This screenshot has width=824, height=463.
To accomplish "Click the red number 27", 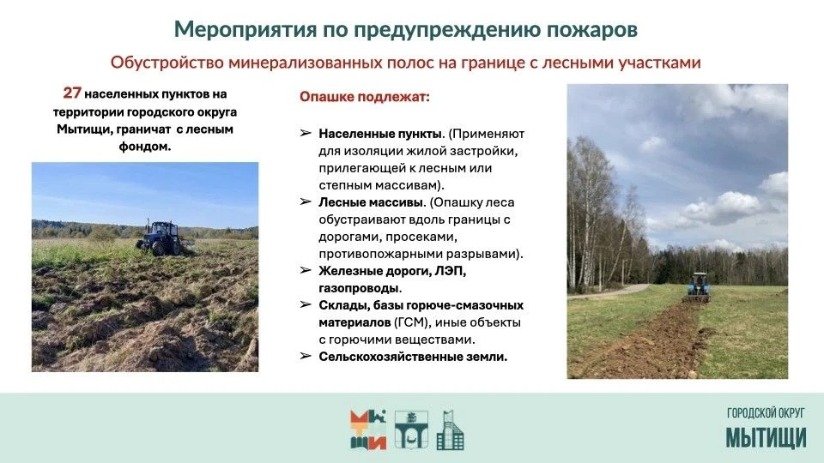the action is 72,93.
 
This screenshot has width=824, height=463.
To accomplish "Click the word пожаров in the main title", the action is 592,29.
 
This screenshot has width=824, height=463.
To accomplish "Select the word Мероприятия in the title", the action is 245,30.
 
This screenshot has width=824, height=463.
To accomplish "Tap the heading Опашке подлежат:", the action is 365,97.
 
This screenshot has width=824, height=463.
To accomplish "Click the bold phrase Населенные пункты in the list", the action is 381,134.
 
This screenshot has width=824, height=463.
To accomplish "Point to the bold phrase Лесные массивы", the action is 372,202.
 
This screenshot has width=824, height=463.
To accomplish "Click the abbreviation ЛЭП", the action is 451,271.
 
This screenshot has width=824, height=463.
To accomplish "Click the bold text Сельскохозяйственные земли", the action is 413,357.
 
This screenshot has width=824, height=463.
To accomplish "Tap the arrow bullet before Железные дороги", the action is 306,270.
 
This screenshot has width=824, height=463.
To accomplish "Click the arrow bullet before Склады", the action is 306,304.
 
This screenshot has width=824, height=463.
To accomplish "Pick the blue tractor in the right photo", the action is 698,287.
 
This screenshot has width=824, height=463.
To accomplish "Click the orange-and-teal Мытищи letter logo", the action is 368,430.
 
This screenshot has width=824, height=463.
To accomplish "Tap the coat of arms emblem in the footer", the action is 411,430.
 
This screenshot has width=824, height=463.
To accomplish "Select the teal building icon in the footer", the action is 451,430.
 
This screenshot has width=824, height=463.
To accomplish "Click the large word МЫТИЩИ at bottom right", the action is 766,438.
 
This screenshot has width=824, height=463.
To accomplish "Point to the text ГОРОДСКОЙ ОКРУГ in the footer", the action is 766,413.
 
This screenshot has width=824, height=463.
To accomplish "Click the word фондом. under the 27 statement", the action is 144,147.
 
